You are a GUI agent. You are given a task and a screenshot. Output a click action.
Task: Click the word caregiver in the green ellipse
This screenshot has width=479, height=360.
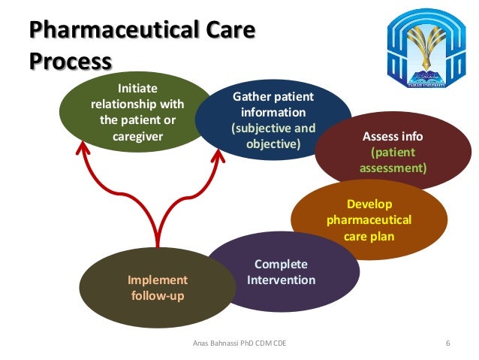tap(138, 137)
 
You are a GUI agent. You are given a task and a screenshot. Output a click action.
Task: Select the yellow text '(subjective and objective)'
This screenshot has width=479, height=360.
tap(273, 135)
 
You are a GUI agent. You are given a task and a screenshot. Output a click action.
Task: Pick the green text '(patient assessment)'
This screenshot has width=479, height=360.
tap(393, 160)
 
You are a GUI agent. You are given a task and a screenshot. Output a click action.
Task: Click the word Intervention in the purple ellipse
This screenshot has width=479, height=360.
tap(281, 280)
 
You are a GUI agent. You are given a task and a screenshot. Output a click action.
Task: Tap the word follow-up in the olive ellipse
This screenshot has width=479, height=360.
tap(157, 295)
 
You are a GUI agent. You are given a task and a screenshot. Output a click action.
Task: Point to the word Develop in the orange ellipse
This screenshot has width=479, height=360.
tap(369, 204)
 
